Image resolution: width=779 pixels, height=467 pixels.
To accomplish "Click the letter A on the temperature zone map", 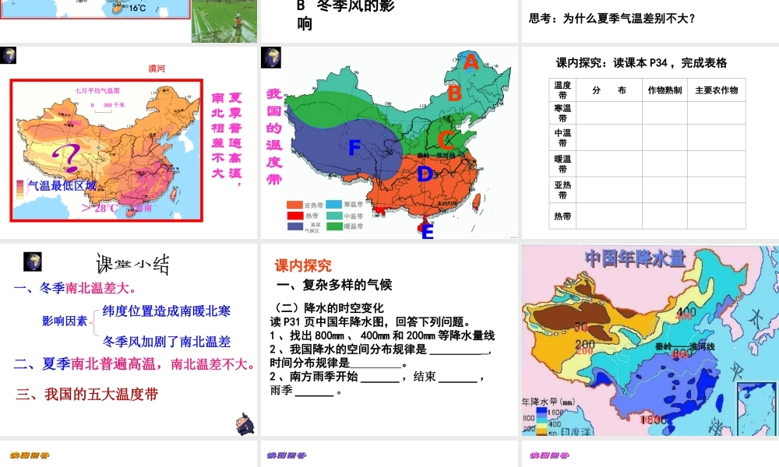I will coord(471,63).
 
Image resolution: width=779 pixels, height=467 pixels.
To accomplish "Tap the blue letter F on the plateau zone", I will coord(355,147).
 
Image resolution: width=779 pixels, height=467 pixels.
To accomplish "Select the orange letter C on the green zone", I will coord(445,141).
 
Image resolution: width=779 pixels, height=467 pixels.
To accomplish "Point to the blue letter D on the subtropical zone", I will coord(425,174).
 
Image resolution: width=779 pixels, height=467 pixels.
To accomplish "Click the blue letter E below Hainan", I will coord(427,231).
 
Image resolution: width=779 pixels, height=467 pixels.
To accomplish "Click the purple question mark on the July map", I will coord(65,160).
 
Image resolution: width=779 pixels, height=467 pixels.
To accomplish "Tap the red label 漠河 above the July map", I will coord(157,68).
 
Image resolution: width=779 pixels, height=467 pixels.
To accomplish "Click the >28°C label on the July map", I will coord(100,208).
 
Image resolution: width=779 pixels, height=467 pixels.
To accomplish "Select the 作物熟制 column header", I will coord(664,90).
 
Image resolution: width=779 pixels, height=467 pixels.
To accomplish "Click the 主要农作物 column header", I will coord(716,90).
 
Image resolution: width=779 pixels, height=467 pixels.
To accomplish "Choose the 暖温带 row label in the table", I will coord(562,164).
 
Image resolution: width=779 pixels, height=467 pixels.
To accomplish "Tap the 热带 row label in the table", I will coord(562,216).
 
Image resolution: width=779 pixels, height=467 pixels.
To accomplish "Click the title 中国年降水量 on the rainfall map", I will coord(635,257).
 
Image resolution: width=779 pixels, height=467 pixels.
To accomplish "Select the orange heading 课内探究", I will coord(303,265).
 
